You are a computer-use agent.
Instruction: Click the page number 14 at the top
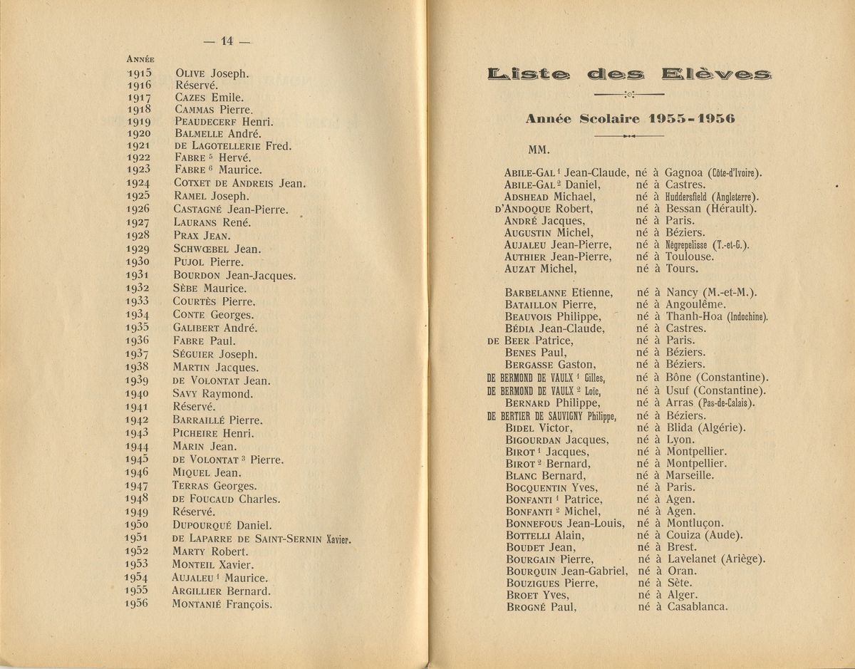227,41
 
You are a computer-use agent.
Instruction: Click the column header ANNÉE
141,59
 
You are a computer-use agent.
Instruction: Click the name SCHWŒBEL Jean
217,249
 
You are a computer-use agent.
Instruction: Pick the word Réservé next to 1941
195,406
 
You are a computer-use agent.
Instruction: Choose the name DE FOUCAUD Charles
226,499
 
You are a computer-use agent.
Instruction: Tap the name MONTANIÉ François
222,604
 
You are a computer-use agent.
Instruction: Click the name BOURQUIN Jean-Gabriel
566,571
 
